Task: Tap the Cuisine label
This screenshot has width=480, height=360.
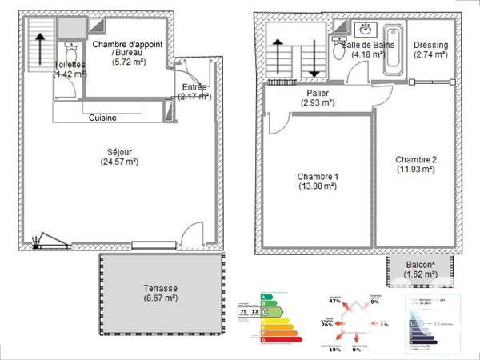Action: pyautogui.click(x=102, y=118)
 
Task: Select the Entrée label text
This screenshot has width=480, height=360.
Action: pyautogui.click(x=195, y=86)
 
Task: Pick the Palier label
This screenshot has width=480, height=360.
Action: pyautogui.click(x=318, y=93)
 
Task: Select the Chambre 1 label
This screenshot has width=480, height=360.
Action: pyautogui.click(x=318, y=177)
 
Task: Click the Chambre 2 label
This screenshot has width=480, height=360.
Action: pyautogui.click(x=415, y=158)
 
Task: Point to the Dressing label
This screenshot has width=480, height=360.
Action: pyautogui.click(x=430, y=45)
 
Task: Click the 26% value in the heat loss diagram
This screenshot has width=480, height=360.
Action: pyautogui.click(x=326, y=325)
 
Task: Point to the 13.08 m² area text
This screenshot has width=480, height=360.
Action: pyautogui.click(x=318, y=188)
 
